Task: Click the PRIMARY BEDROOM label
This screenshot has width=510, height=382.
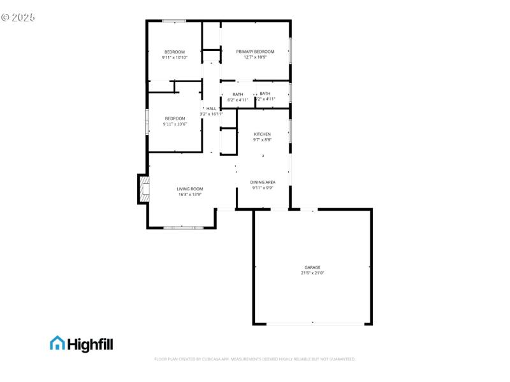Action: pos(255,52)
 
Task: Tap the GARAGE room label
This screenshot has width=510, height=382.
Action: pos(312,267)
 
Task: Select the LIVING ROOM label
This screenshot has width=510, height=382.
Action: pos(190,189)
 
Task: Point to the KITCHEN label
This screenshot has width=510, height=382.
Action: pos(263,134)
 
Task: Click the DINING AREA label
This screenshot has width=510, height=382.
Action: pos(263,183)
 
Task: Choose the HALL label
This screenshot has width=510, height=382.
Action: pos(211,109)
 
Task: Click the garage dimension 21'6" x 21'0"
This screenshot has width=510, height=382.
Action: pos(312,273)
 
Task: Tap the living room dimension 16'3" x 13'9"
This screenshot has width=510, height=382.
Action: pos(190,195)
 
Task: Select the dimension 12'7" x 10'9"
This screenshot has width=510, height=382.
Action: pos(255,57)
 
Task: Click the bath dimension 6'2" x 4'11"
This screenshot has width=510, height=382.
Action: pos(238,100)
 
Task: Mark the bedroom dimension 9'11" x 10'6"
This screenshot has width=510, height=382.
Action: pos(175,124)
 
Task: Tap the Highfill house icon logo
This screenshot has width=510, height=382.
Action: pos(57,344)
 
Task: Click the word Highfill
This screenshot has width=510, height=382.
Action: pos(91,344)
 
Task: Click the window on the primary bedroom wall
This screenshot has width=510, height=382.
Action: pos(291,51)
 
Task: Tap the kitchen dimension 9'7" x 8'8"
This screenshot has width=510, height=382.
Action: pos(263,140)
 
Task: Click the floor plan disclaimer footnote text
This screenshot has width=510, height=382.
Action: pos(255,359)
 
